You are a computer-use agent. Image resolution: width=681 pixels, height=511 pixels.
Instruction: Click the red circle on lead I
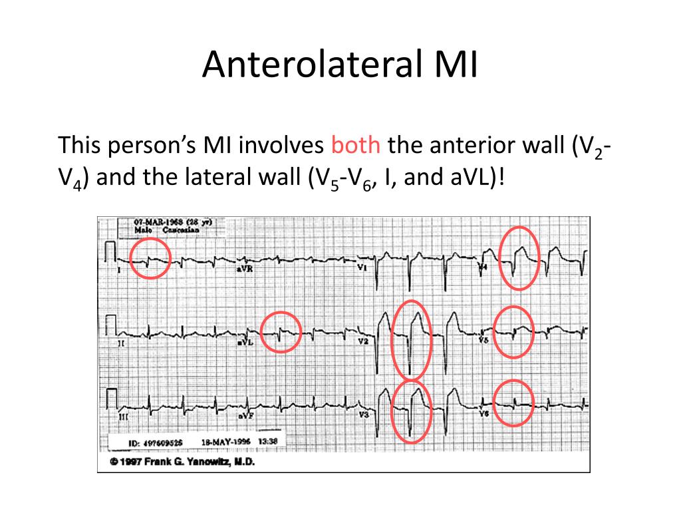pyautogui.click(x=150, y=258)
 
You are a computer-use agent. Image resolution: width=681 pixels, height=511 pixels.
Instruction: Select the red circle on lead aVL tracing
pyautogui.click(x=281, y=331)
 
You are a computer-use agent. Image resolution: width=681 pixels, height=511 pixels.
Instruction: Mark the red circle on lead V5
pyautogui.click(x=514, y=331)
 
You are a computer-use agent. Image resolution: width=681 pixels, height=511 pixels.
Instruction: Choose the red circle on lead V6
pyautogui.click(x=514, y=402)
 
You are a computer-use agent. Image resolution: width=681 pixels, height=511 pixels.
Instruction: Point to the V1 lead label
pyautogui.click(x=362, y=267)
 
